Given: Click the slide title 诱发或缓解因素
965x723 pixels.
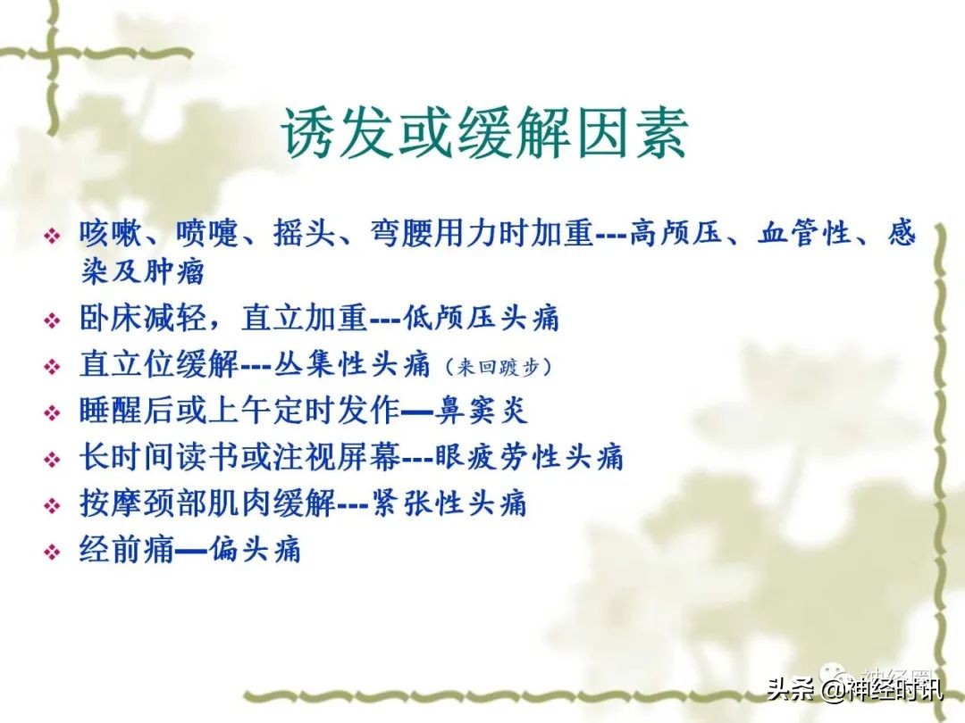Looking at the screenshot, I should pos(485,136).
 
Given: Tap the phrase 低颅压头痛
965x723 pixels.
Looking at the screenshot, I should pos(482,318).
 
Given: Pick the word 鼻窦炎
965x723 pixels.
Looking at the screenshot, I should pos(482,411).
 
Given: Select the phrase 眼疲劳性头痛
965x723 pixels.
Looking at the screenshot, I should pos(529,457).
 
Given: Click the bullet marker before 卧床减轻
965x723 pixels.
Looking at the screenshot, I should pos(53,320).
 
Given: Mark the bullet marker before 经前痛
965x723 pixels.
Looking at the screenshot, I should pos(53,551).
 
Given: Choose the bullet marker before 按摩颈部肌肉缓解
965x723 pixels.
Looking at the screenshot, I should pos(53,505).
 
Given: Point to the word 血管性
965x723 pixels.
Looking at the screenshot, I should pos(801,234).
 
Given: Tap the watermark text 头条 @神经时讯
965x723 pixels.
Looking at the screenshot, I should pos(853,689).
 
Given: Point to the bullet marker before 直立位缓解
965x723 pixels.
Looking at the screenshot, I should pos(53,366).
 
